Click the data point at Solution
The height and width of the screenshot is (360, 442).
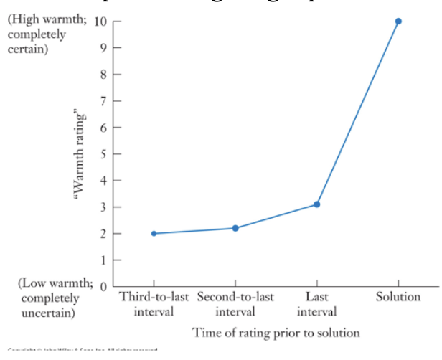[x=398, y=22]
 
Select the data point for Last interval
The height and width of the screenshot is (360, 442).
[x=316, y=204]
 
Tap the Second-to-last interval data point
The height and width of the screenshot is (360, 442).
[x=235, y=228]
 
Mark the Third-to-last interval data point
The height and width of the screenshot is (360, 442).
[x=153, y=234]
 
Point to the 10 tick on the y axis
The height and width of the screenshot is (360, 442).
[x=100, y=22]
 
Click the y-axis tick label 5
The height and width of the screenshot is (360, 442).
[x=103, y=153]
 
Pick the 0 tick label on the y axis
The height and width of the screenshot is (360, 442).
[x=103, y=287]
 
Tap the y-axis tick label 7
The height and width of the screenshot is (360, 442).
[x=103, y=101]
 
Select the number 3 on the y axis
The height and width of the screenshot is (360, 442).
[x=103, y=207]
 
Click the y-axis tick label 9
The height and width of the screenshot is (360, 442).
[x=103, y=48]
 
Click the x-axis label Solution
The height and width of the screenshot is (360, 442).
[x=398, y=297]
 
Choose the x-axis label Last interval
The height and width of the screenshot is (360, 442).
[x=316, y=304]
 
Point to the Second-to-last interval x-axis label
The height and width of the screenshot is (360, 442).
[x=235, y=304]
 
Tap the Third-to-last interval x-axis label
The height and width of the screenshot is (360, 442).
[x=153, y=304]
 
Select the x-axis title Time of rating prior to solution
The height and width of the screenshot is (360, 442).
[x=276, y=333]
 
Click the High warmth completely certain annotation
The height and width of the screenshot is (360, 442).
[x=47, y=34]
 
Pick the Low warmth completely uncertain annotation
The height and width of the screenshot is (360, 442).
[x=47, y=298]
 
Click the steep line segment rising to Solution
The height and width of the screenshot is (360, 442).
[x=357, y=113]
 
